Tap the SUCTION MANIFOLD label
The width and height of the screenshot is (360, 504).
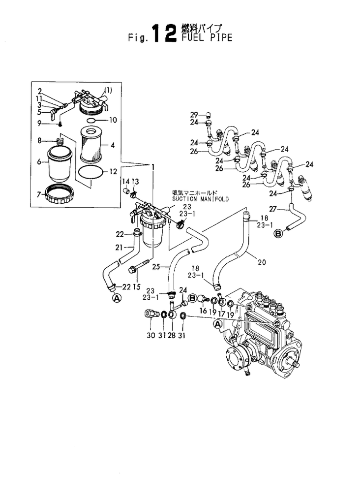(x=194, y=199)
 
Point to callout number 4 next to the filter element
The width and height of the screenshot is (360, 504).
(x=113, y=145)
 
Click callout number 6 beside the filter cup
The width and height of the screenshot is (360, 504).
(x=39, y=161)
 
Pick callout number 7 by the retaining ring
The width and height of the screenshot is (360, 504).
(x=39, y=195)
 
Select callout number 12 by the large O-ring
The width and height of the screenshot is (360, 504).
(x=113, y=172)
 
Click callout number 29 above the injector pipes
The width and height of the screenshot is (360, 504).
(x=194, y=114)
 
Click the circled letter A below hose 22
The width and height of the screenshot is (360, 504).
(x=117, y=297)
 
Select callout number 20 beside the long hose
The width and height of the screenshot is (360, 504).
(x=261, y=262)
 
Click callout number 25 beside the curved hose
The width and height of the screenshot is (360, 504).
(x=157, y=267)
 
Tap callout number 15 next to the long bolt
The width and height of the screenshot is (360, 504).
(x=136, y=286)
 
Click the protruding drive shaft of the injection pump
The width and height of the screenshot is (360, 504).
(x=295, y=364)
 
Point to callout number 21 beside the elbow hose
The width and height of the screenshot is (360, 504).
(x=119, y=247)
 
